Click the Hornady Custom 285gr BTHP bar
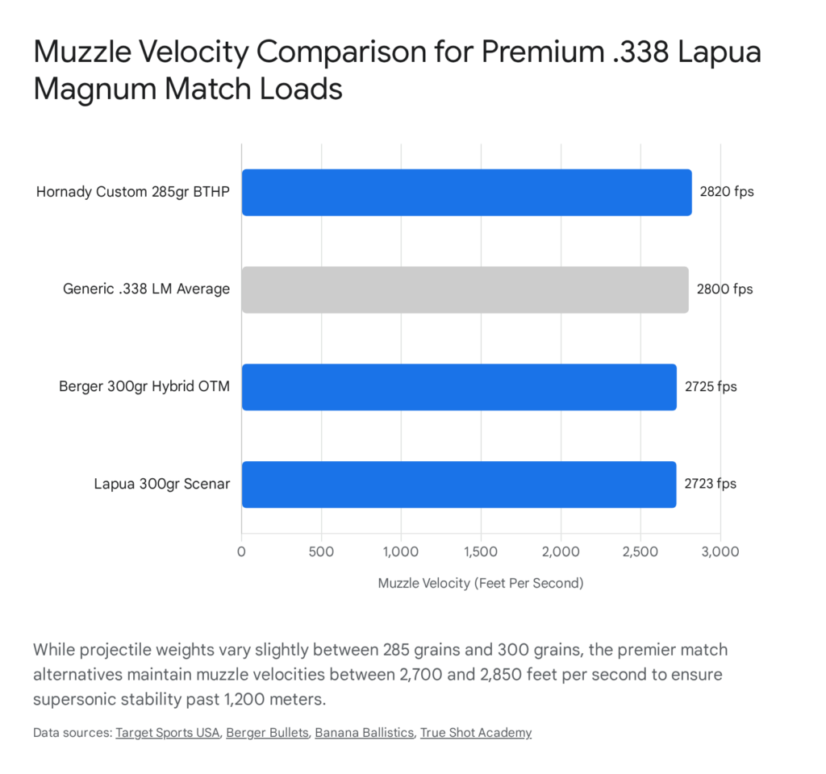(x=466, y=193)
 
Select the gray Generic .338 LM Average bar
(x=465, y=289)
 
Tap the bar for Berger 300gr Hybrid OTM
(x=459, y=387)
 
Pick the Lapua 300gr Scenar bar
(x=458, y=485)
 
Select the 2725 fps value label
(x=711, y=387)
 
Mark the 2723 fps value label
(x=711, y=485)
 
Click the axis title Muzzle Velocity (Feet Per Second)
(x=480, y=583)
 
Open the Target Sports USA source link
(x=168, y=733)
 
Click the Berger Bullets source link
(x=267, y=733)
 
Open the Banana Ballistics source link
(x=363, y=733)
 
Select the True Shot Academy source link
(x=476, y=733)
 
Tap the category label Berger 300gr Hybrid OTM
(x=144, y=387)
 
